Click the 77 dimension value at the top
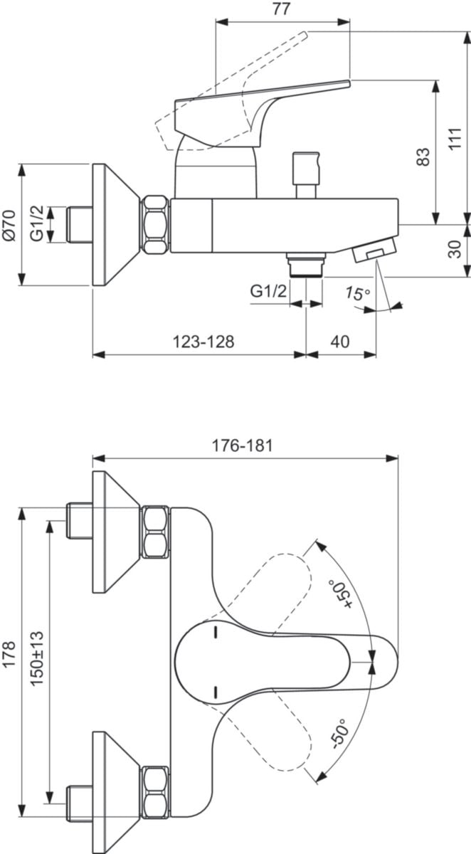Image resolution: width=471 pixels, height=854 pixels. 281,9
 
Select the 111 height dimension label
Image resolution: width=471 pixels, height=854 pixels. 455,139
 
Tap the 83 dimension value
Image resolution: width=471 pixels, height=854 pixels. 423,157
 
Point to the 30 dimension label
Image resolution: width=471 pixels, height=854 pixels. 455,249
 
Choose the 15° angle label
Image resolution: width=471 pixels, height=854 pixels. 357,293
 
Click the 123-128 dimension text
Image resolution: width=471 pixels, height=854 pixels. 203,342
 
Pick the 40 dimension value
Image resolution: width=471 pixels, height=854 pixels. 340,342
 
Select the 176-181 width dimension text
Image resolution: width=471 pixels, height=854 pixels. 243,446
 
